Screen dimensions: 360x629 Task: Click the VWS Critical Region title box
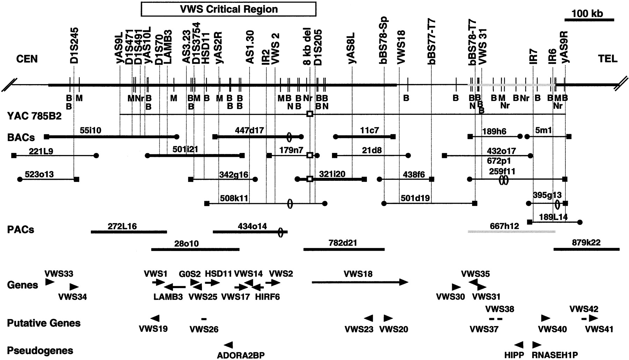[x=229, y=9]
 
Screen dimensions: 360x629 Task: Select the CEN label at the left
[x=27, y=59]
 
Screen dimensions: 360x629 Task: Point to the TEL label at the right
[x=607, y=59]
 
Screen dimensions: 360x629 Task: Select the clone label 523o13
[x=39, y=174]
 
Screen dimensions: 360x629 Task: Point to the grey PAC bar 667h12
[x=511, y=231]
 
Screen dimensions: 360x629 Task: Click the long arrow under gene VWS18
[x=360, y=282]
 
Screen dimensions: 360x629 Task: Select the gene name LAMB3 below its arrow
[x=168, y=297]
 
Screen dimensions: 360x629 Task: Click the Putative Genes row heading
[x=44, y=323]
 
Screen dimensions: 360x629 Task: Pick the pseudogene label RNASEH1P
[x=555, y=355]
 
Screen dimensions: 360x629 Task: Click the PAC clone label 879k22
[x=586, y=242]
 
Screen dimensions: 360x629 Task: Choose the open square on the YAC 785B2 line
[x=309, y=114]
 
